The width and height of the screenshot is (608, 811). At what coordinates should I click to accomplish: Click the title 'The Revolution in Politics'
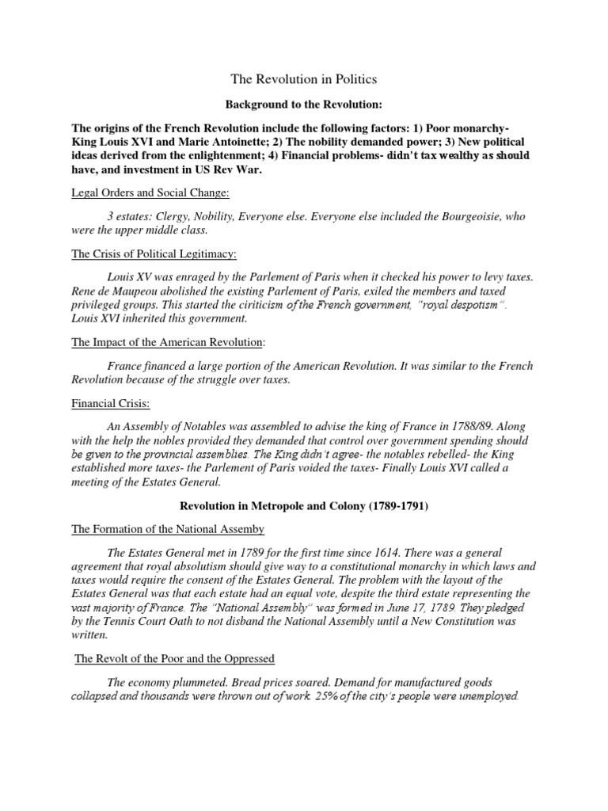pos(303,79)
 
